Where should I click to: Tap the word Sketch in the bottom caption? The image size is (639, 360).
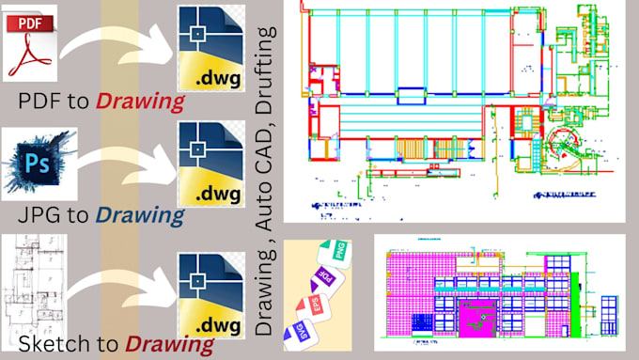(x=47, y=344)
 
